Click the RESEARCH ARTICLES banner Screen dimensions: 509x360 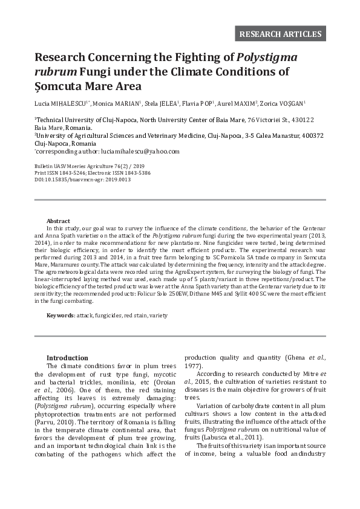(x=280, y=33)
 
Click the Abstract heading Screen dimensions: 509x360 (x=58, y=221)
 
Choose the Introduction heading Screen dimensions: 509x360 (x=67, y=358)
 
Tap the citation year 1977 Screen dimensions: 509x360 (x=194, y=366)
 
